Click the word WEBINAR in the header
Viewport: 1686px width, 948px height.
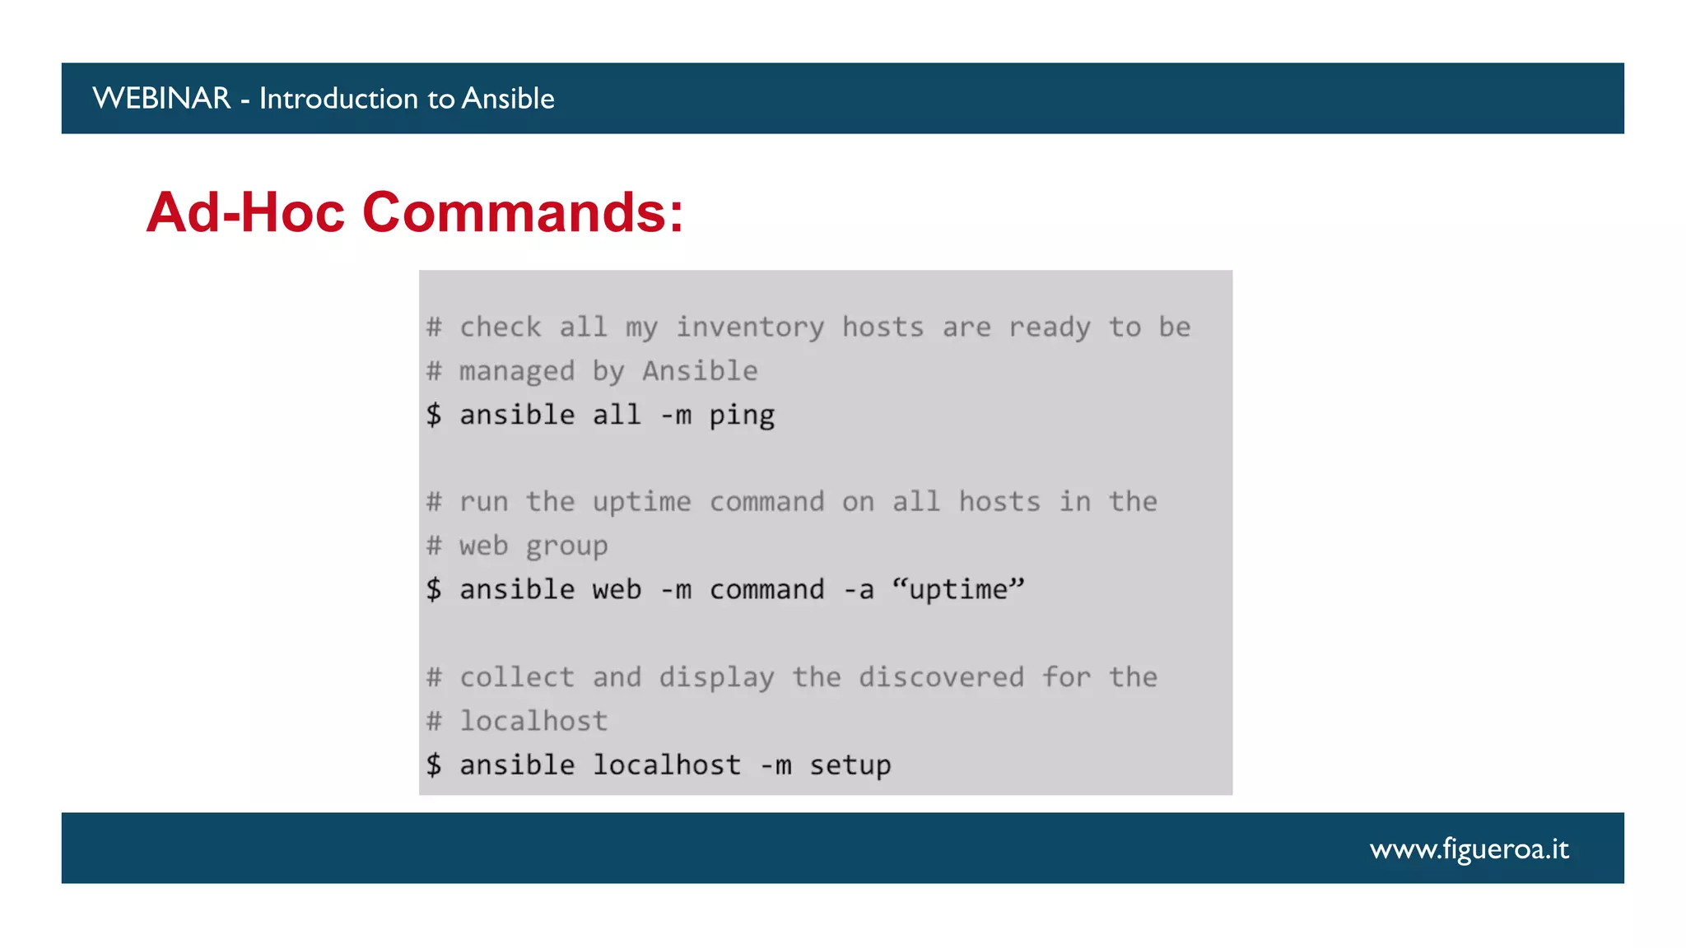point(161,99)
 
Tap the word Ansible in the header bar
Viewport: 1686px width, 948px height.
point(508,99)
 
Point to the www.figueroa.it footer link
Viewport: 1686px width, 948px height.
point(1469,848)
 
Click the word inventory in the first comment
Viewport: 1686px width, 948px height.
point(749,328)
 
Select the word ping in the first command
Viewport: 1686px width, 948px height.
point(742,416)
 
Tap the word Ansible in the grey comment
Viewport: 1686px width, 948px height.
point(700,371)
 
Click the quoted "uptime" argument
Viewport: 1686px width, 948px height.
point(958,590)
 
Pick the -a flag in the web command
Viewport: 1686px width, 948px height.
point(858,590)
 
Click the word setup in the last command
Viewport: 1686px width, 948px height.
point(850,765)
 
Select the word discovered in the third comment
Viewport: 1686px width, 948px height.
point(941,677)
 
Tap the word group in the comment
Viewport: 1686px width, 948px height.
point(566,546)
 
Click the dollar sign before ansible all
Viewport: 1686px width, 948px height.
point(434,415)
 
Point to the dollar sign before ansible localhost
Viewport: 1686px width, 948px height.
point(434,765)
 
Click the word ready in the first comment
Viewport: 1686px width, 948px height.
point(1050,328)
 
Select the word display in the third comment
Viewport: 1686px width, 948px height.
point(716,677)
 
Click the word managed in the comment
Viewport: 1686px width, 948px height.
point(517,371)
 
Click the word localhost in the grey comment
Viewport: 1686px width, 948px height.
point(533,722)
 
